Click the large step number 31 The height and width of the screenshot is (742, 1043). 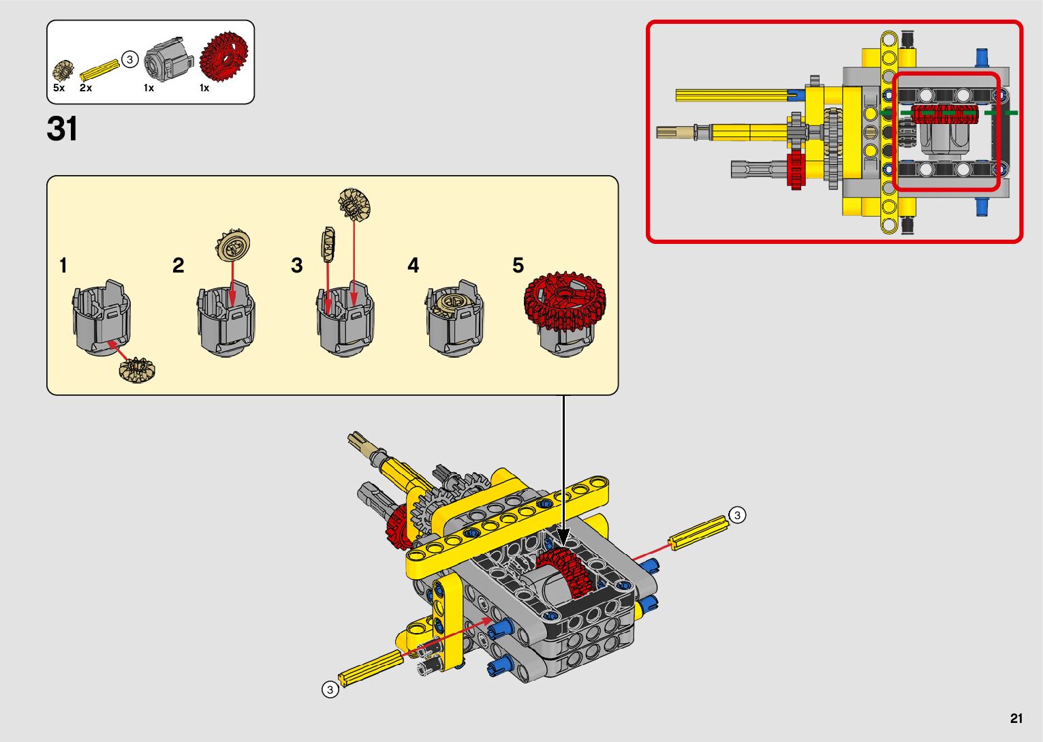[62, 129]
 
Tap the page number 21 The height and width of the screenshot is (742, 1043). [1016, 718]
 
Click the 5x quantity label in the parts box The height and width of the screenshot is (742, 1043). [59, 88]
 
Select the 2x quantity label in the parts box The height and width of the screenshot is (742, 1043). [86, 88]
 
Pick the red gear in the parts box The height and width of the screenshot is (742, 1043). [224, 57]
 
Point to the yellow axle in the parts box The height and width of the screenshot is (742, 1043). [99, 69]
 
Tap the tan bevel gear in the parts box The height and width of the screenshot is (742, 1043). [63, 70]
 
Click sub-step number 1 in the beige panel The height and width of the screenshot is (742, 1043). [63, 265]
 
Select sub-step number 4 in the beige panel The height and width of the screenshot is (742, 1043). [413, 265]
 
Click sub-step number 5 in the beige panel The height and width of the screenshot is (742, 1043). [518, 265]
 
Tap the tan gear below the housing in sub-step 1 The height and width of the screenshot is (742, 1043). [137, 371]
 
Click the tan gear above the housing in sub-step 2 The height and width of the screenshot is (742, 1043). [233, 245]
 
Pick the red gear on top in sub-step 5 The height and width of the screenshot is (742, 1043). [565, 300]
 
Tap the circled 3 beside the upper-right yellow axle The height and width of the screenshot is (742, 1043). [737, 515]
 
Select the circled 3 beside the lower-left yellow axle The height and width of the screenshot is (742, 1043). [330, 690]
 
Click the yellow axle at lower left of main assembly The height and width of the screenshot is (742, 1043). [371, 668]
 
